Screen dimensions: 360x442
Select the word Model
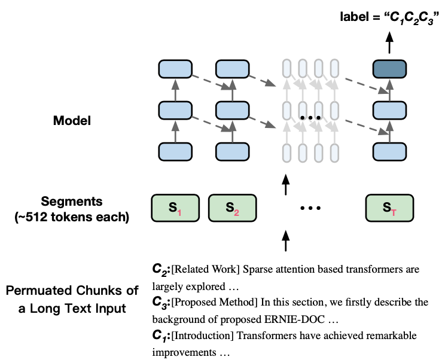click(x=72, y=120)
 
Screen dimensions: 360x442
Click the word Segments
click(x=71, y=202)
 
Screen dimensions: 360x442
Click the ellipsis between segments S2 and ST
click(x=310, y=209)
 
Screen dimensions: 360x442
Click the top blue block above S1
click(x=175, y=69)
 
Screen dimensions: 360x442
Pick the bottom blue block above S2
click(x=232, y=151)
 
